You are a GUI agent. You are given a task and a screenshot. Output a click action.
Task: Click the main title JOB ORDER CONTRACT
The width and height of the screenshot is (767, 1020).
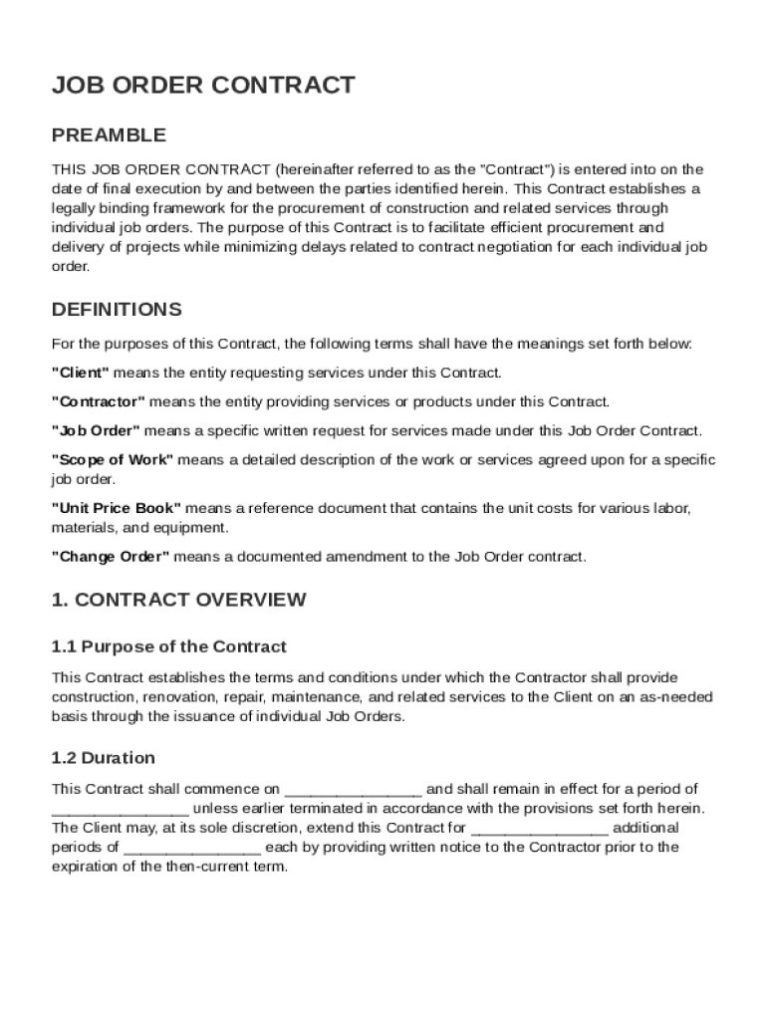[203, 86]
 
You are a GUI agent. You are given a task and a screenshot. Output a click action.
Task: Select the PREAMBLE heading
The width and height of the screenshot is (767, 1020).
[109, 134]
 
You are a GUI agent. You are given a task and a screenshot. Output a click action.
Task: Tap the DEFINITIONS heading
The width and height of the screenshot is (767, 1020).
[117, 309]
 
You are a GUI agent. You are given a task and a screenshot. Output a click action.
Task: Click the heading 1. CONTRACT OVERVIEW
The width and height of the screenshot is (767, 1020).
[179, 600]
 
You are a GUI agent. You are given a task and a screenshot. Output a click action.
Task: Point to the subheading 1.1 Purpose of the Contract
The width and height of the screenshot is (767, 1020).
[169, 646]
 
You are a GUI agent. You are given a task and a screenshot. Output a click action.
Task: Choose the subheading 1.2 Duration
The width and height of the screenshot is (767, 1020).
[104, 757]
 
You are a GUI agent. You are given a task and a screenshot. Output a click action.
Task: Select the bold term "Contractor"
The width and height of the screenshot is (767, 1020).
[98, 401]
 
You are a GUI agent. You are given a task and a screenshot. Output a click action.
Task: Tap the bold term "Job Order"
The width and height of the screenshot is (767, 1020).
[96, 430]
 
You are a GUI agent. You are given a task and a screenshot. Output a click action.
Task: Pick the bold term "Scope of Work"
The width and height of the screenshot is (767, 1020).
[113, 459]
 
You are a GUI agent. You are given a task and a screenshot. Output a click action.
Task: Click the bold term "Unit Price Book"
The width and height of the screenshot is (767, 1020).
[117, 508]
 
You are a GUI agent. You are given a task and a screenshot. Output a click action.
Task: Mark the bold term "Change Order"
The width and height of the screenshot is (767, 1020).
[111, 557]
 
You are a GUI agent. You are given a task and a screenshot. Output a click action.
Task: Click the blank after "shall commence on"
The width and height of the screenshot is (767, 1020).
[354, 789]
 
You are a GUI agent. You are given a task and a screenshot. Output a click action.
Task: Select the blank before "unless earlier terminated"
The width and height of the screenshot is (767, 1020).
[120, 808]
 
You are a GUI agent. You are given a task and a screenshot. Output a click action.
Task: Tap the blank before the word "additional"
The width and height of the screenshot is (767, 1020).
[539, 828]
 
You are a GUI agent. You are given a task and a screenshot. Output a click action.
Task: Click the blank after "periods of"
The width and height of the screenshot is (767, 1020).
[192, 848]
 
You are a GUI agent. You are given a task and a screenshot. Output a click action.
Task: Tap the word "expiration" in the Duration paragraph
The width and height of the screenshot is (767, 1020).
[86, 867]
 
